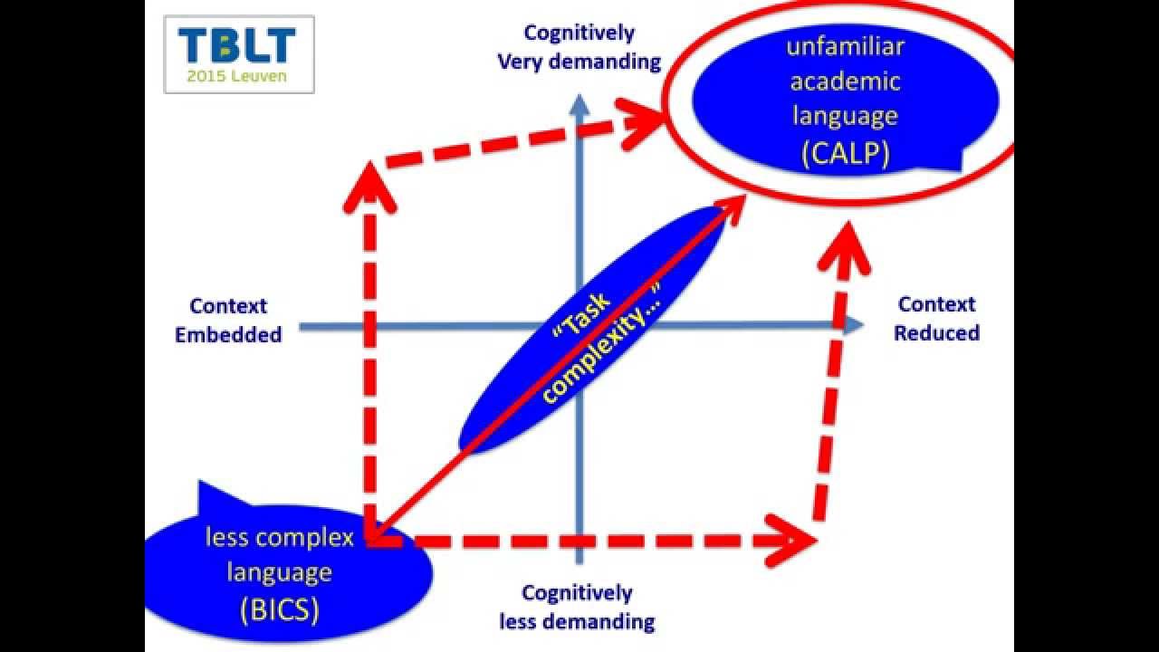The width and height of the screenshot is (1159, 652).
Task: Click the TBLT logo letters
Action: tap(237, 45)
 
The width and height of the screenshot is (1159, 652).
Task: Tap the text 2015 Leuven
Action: tap(237, 76)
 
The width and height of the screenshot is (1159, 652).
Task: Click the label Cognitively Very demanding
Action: tap(579, 47)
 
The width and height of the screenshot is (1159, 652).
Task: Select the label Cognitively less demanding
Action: tap(577, 607)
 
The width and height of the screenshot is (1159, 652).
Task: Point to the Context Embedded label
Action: tap(228, 320)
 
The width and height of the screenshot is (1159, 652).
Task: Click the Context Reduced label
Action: tap(936, 319)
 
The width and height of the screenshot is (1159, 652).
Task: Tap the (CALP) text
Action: tap(845, 154)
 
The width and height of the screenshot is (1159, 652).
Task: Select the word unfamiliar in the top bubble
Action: tap(845, 45)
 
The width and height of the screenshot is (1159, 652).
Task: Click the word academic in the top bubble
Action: tap(845, 81)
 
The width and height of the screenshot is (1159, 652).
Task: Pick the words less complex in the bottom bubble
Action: tap(280, 538)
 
